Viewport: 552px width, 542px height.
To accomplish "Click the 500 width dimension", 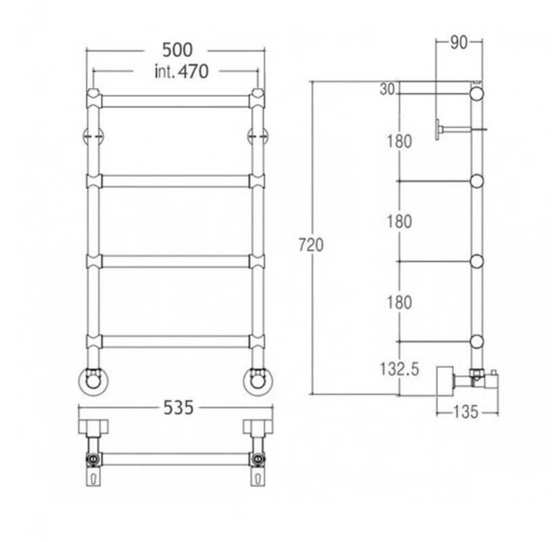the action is click(x=177, y=50).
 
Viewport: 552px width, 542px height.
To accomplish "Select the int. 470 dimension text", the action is click(x=181, y=71).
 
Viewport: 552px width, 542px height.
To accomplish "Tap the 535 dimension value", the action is click(x=178, y=408).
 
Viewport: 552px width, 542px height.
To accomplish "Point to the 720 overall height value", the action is click(x=311, y=245).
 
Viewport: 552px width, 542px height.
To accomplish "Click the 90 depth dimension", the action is click(x=458, y=43).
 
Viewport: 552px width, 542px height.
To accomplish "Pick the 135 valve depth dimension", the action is click(x=465, y=412).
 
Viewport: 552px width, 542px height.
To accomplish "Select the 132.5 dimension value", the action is click(x=400, y=369).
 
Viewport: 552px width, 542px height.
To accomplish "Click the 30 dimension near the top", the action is click(x=387, y=90).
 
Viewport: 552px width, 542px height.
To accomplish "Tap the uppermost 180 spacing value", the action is click(x=399, y=141).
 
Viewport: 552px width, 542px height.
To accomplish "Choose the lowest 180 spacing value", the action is click(x=399, y=302).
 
